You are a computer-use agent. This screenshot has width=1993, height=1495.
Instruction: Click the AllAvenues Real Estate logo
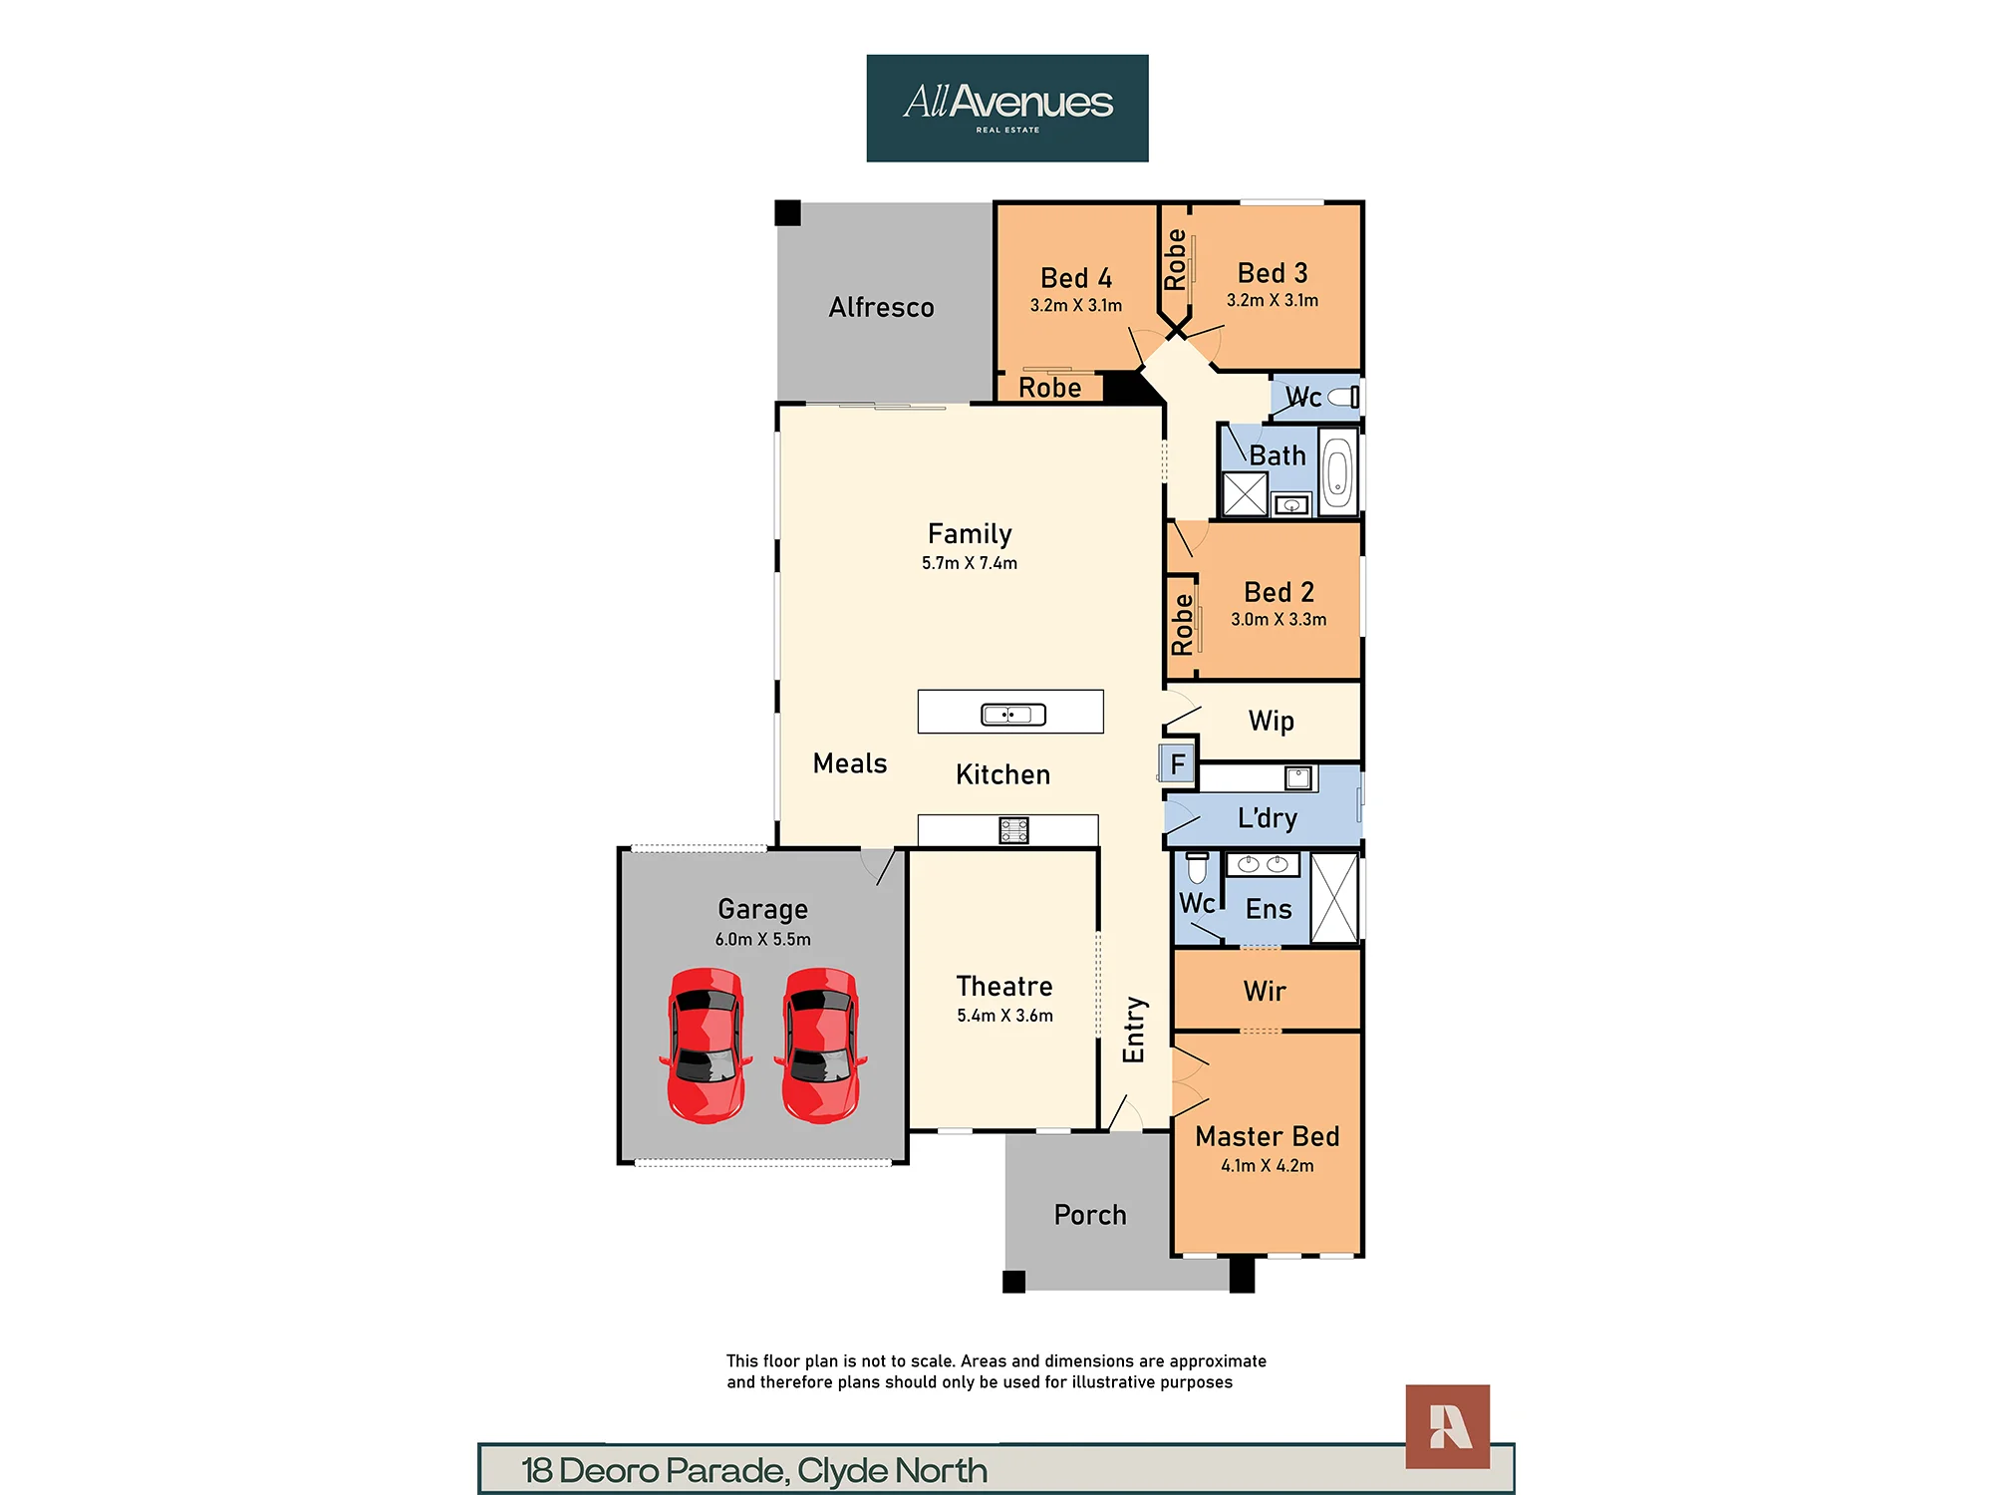(x=1007, y=108)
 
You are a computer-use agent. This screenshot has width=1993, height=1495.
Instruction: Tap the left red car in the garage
(x=706, y=1046)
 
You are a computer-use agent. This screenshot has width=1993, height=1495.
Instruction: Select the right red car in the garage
(x=821, y=1046)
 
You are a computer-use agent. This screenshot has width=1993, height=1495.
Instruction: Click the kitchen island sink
(x=1013, y=714)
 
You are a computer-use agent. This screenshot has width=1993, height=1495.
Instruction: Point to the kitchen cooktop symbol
(x=1013, y=830)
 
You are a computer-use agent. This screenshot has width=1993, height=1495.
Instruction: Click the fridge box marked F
(x=1177, y=763)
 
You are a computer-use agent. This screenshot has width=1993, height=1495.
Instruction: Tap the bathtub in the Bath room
(x=1338, y=471)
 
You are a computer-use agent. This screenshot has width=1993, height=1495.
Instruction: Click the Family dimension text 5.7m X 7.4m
(x=970, y=563)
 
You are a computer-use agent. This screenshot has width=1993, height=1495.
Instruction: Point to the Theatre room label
(x=1004, y=986)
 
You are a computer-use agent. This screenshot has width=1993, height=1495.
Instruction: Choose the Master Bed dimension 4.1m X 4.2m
(x=1268, y=1165)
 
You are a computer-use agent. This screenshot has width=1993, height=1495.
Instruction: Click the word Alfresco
(x=882, y=307)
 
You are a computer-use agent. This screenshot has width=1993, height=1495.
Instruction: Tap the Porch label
(x=1090, y=1215)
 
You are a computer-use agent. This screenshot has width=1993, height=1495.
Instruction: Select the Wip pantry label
(x=1272, y=721)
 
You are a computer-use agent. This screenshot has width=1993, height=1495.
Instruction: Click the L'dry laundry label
(x=1268, y=818)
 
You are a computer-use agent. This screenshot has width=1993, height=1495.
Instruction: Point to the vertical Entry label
(x=1134, y=1030)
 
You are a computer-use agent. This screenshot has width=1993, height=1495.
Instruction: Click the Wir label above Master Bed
(x=1265, y=991)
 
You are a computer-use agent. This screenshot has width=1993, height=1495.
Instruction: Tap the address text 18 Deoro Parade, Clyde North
(x=754, y=1470)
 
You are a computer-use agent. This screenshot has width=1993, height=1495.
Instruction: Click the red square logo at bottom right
(x=1448, y=1426)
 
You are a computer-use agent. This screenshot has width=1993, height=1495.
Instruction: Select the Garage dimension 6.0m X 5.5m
(x=763, y=939)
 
